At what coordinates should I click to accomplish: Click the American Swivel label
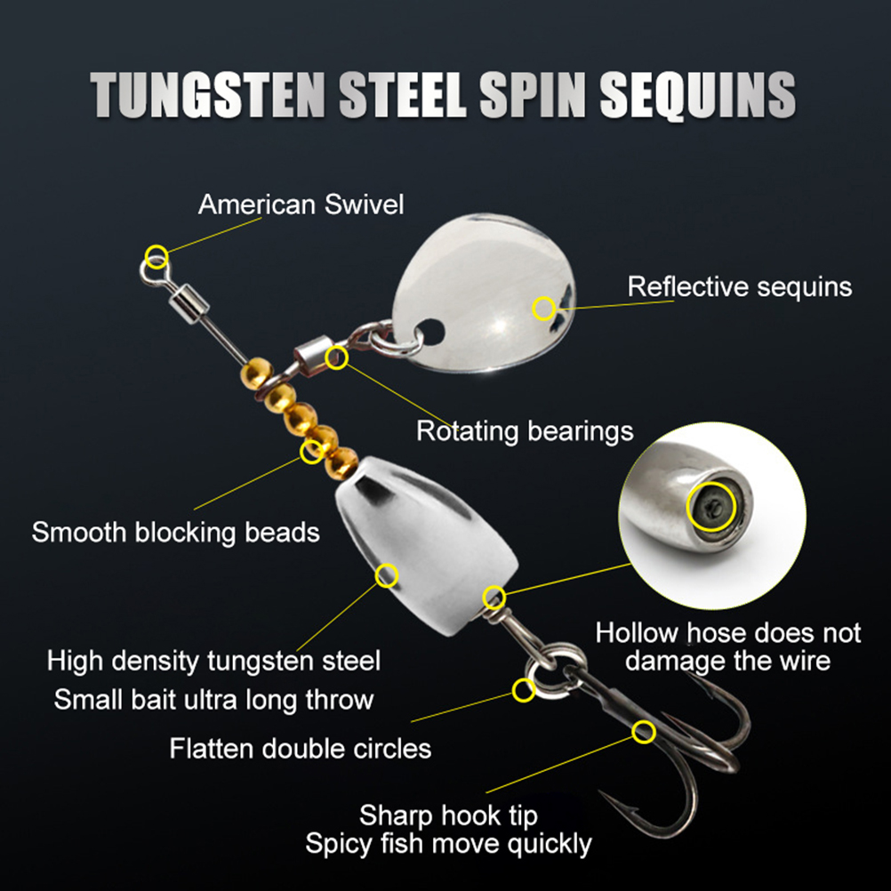(301, 205)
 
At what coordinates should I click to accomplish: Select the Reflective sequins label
(739, 287)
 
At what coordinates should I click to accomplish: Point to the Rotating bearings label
(525, 431)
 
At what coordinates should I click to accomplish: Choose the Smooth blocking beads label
(175, 533)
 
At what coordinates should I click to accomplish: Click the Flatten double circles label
(300, 748)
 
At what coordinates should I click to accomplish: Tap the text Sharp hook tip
(448, 815)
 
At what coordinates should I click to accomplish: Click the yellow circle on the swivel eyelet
(157, 257)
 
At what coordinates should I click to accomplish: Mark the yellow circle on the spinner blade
(543, 309)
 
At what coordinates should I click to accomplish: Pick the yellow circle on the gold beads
(311, 451)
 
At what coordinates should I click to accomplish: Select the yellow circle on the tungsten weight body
(387, 575)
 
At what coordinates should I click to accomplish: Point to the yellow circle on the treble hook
(643, 732)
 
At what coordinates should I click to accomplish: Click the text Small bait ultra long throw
(213, 699)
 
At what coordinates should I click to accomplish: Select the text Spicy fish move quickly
(448, 843)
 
